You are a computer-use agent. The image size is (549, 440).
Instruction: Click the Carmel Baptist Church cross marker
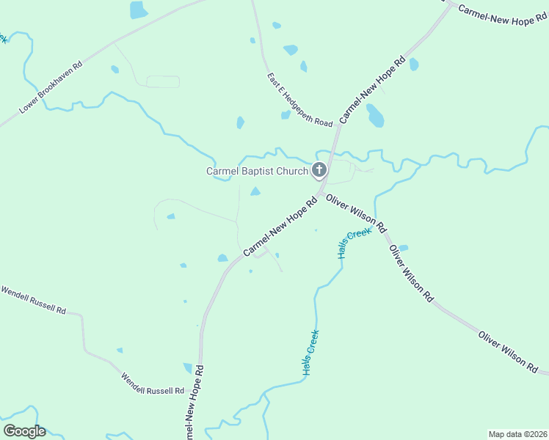pyautogui.click(x=319, y=171)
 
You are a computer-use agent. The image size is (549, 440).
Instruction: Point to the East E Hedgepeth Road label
pyautogui.click(x=300, y=100)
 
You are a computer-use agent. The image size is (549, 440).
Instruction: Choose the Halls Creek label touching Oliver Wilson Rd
pyautogui.click(x=355, y=243)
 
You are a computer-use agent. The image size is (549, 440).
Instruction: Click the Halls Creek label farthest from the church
pyautogui.click(x=311, y=353)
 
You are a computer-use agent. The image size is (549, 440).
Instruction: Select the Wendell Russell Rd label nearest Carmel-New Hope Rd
pyautogui.click(x=153, y=381)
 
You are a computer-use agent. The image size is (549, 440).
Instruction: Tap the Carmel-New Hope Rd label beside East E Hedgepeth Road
pyautogui.click(x=372, y=89)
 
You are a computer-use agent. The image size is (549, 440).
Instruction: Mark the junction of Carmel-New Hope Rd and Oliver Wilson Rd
pyautogui.click(x=321, y=192)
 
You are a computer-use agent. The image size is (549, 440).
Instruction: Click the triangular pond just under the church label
pyautogui.click(x=255, y=191)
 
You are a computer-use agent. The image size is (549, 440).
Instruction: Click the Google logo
pyautogui.click(x=24, y=431)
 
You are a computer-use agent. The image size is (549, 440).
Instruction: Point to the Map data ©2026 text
pyautogui.click(x=517, y=434)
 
